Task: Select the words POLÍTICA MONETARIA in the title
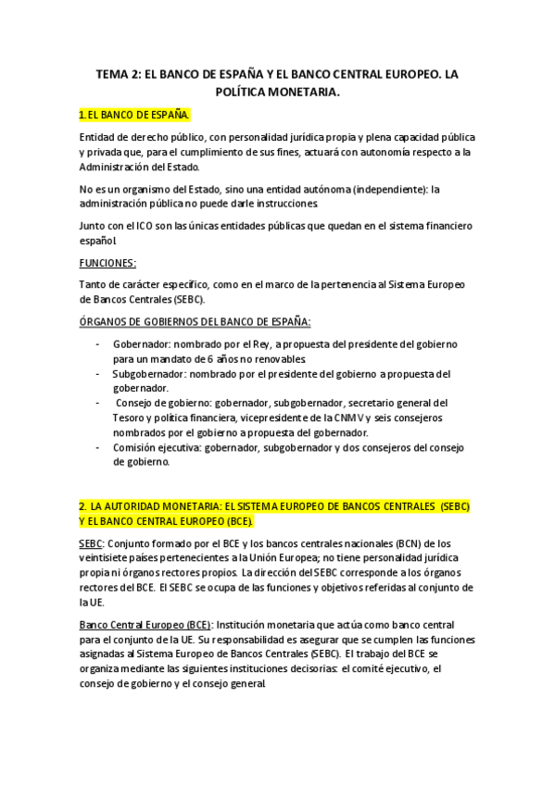coord(277,92)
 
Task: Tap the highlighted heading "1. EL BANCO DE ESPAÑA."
coord(134,115)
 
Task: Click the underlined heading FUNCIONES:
coord(107,262)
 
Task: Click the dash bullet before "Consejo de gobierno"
coord(99,403)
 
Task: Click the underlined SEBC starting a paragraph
coord(92,542)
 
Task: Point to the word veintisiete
coord(107,557)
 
